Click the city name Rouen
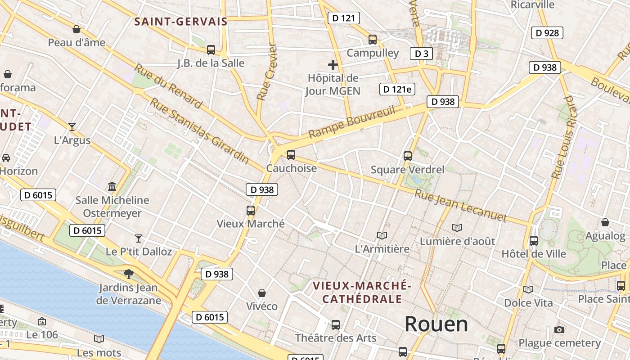(x=436, y=324)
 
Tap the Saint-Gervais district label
(x=181, y=21)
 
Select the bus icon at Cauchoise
(x=291, y=155)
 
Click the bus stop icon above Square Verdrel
(x=408, y=156)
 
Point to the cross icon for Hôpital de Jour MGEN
(x=333, y=65)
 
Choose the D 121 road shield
(x=344, y=18)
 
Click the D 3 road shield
(x=421, y=54)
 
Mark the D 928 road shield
(x=547, y=32)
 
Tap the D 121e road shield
(x=397, y=89)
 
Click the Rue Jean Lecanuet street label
(x=460, y=206)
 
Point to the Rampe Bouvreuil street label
(x=351, y=122)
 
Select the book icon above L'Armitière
(x=382, y=235)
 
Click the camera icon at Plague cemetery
(x=559, y=330)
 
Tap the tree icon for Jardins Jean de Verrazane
(x=129, y=274)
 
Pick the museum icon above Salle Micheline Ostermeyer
(x=112, y=186)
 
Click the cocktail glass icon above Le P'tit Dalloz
(x=139, y=238)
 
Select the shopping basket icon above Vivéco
(x=261, y=293)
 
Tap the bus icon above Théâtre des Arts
(x=336, y=324)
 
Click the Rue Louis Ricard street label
(x=564, y=137)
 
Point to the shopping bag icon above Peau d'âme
(x=76, y=29)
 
